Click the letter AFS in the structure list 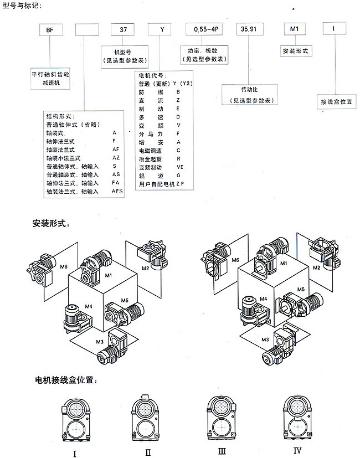[x=117, y=191]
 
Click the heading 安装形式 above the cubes [x=50, y=224]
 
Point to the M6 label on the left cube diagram [x=64, y=267]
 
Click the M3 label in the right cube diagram [x=265, y=339]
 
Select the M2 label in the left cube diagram [x=146, y=268]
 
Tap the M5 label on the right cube [x=301, y=289]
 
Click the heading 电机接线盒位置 [x=66, y=381]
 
